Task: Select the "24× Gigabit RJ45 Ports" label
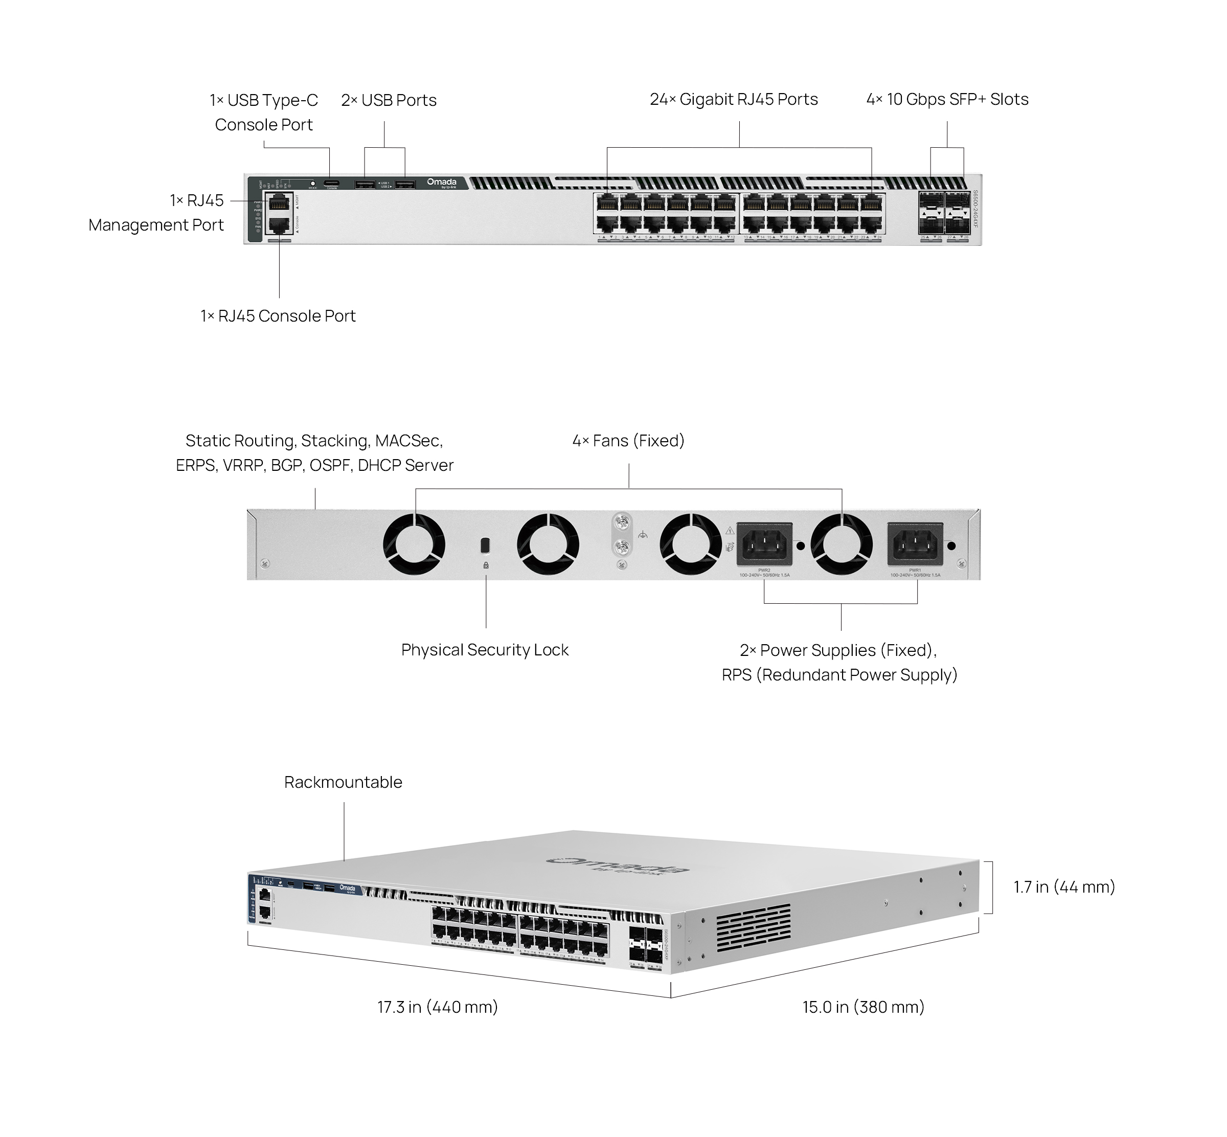tap(734, 100)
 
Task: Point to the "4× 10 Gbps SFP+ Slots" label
tap(947, 100)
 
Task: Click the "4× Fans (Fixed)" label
tap(628, 441)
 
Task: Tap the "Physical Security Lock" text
tap(485, 650)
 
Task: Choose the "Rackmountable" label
tap(343, 782)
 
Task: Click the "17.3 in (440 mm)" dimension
tap(438, 1007)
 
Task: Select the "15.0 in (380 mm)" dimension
tap(862, 1007)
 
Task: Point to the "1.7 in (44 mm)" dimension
tap(1064, 886)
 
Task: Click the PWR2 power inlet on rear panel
tap(764, 544)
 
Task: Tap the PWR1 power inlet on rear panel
tap(915, 544)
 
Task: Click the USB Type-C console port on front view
tap(332, 183)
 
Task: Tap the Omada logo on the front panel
tap(442, 182)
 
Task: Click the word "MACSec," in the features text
tap(408, 441)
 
